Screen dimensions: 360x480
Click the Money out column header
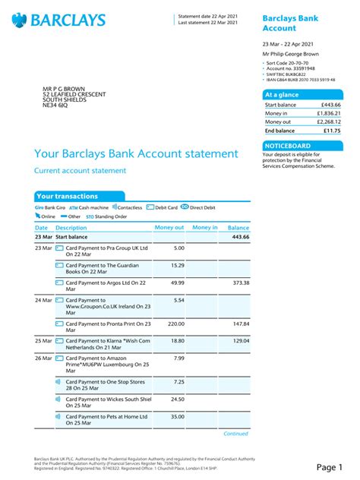click(169, 228)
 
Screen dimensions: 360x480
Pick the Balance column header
click(238, 228)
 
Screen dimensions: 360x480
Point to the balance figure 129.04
click(239, 341)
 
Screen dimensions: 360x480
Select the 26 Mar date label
click(43, 358)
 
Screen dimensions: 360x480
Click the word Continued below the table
click(235, 434)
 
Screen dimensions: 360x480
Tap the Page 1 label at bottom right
click(330, 466)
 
